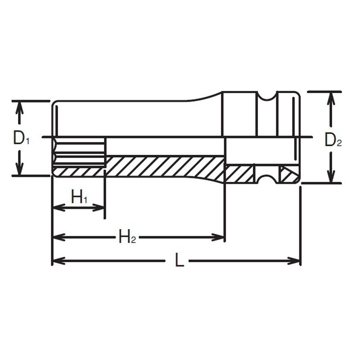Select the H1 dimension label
point(79,197)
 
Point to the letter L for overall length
point(179,261)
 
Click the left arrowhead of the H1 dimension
point(58,207)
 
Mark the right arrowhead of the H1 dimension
point(99,207)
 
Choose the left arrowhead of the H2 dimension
point(58,237)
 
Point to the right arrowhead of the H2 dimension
point(220,237)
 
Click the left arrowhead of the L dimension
point(58,261)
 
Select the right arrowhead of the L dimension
point(295,261)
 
